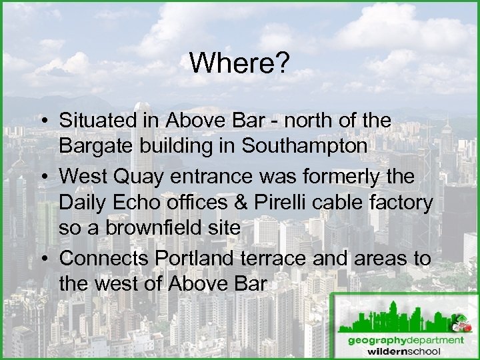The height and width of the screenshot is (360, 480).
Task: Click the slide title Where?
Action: pyautogui.click(x=239, y=63)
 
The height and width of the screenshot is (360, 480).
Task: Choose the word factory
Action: pyautogui.click(x=407, y=201)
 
